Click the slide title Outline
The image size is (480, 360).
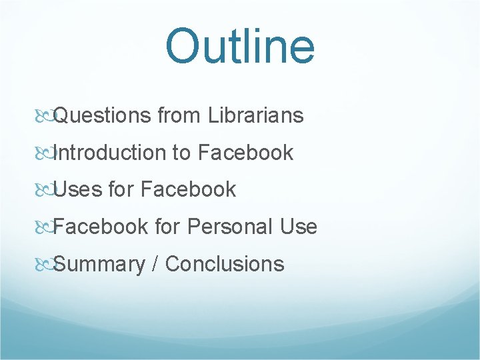pos(239,47)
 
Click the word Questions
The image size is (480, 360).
pos(103,116)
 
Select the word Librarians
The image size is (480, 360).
pos(256,116)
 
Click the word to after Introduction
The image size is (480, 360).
pos(181,153)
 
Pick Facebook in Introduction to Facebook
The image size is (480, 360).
pos(245,153)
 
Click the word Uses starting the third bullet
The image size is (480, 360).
pos(78,190)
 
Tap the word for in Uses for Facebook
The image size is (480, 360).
pos(121,190)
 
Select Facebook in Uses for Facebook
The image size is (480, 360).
pos(189,190)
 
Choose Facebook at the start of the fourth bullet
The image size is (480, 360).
pos(101,227)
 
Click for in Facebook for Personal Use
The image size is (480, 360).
pos(167,227)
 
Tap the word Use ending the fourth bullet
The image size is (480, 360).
pos(298,227)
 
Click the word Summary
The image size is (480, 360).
pos(99,265)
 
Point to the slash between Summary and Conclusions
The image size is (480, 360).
pos(155,264)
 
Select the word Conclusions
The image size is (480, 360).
pos(225,264)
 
